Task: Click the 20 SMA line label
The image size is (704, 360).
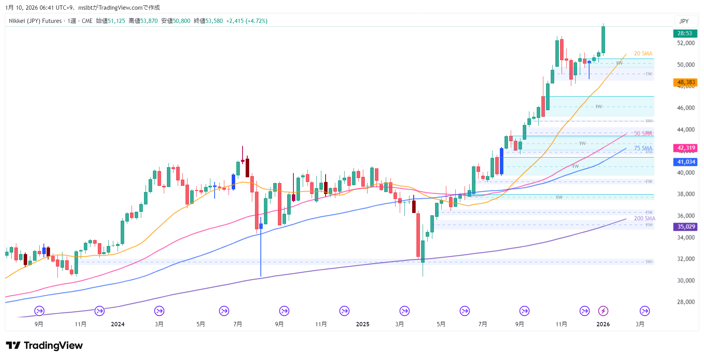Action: (x=643, y=54)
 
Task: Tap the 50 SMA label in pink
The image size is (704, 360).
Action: (x=643, y=133)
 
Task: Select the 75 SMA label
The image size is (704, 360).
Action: (x=643, y=148)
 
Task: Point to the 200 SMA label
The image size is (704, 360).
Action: (x=645, y=218)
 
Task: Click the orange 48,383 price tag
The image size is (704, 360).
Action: (x=686, y=82)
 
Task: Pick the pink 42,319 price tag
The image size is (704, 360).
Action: (x=686, y=148)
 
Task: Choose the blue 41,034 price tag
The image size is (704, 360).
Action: (x=686, y=162)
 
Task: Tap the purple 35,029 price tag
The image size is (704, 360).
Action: (x=686, y=227)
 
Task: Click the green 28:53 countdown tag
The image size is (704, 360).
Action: (x=685, y=33)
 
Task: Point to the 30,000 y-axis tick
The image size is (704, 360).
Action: (x=686, y=280)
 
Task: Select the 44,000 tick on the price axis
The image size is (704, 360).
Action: (x=686, y=130)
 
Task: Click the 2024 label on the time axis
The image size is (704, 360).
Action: (x=118, y=324)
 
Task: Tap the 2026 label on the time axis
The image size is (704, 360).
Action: (x=603, y=324)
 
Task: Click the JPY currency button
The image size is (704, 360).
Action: (x=684, y=21)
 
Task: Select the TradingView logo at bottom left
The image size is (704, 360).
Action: (x=44, y=346)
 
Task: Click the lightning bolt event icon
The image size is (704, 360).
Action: (x=603, y=311)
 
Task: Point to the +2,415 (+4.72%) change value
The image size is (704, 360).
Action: (x=247, y=21)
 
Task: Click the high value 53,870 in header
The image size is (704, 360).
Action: (x=149, y=21)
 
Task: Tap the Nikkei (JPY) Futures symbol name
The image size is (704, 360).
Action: (x=35, y=21)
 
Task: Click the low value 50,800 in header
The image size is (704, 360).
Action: (x=181, y=21)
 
